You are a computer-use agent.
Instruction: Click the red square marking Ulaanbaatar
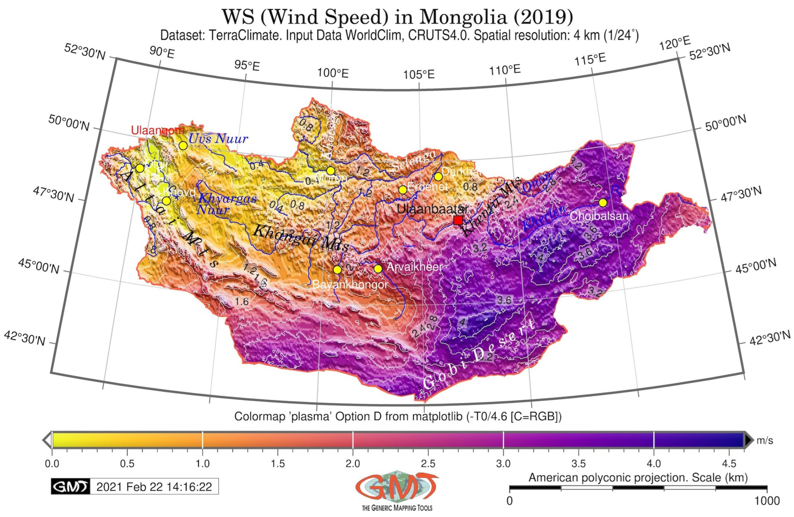tap(458, 220)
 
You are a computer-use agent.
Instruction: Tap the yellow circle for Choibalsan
tap(603, 203)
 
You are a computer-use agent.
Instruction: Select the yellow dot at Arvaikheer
tap(378, 269)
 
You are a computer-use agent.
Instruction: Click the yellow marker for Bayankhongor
tap(337, 270)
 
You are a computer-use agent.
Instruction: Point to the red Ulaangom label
tap(157, 130)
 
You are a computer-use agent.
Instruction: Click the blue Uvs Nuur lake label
tap(218, 139)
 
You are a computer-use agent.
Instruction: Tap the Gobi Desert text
tap(479, 355)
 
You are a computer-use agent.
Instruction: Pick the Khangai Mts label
tap(301, 238)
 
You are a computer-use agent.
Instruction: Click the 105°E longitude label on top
tap(419, 75)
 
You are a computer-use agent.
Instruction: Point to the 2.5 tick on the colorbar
tap(428, 464)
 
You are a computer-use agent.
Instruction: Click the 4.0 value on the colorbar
tap(654, 464)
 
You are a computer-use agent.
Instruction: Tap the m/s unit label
tap(765, 441)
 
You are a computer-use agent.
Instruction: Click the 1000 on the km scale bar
tap(767, 501)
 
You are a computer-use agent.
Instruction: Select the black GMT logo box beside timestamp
tap(70, 487)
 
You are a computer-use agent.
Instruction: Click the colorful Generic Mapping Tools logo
tap(397, 489)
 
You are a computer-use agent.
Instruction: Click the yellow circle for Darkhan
tap(438, 176)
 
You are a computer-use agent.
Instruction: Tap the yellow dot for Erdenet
tap(403, 190)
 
